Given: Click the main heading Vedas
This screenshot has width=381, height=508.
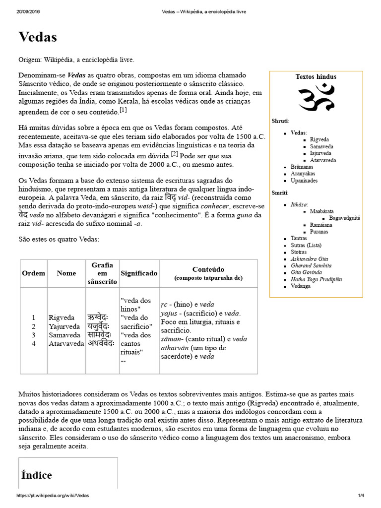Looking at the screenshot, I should click(38, 37).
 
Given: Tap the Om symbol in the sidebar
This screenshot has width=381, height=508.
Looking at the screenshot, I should click(316, 97).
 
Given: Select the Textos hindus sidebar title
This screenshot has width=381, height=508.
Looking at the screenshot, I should click(316, 77).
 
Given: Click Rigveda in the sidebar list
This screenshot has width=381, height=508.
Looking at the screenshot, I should click(319, 140).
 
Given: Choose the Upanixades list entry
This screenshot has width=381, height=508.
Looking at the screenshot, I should click(304, 181).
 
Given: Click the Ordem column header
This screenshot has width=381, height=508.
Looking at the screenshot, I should click(34, 273).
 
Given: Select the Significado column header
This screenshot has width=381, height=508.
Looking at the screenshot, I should click(139, 273).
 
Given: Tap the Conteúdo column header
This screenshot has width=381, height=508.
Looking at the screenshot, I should click(208, 269).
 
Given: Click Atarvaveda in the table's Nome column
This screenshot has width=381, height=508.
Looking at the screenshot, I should click(66, 343).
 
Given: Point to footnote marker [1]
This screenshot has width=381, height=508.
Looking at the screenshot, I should click(123, 110).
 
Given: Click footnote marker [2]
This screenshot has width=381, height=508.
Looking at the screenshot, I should click(174, 154).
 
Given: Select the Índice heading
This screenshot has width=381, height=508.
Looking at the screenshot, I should click(37, 475).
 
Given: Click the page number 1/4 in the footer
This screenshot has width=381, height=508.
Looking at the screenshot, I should click(361, 496).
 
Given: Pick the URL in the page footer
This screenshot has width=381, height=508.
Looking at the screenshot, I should click(53, 496).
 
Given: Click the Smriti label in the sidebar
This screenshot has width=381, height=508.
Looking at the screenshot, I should click(280, 192).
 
